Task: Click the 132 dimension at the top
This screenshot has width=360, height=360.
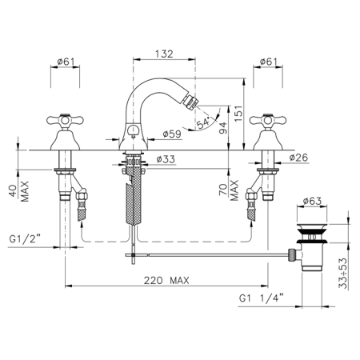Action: [164, 54]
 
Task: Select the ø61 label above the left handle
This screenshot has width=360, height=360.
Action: [66, 62]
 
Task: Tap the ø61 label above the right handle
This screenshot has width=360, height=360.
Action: [269, 62]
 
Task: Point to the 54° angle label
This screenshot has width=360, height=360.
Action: [203, 123]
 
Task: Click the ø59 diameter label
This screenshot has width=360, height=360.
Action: [172, 134]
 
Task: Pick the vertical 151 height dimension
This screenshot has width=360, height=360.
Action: [239, 114]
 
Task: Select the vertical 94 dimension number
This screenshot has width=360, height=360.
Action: [223, 128]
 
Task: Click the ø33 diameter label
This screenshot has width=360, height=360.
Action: [166, 159]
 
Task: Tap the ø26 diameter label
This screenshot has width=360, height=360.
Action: [298, 158]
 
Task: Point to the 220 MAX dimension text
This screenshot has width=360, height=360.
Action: [166, 280]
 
